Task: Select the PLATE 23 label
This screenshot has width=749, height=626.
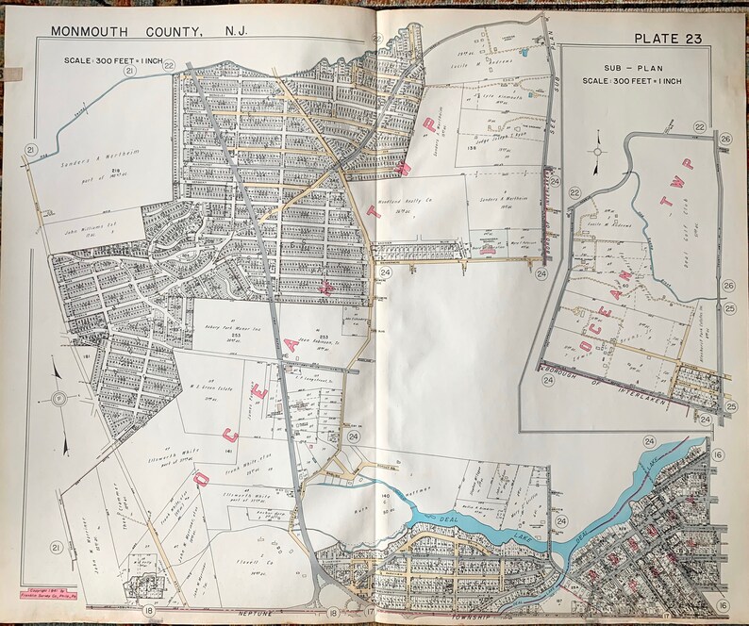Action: pyautogui.click(x=667, y=38)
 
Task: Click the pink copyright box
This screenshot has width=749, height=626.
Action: pyautogui.click(x=46, y=592)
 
